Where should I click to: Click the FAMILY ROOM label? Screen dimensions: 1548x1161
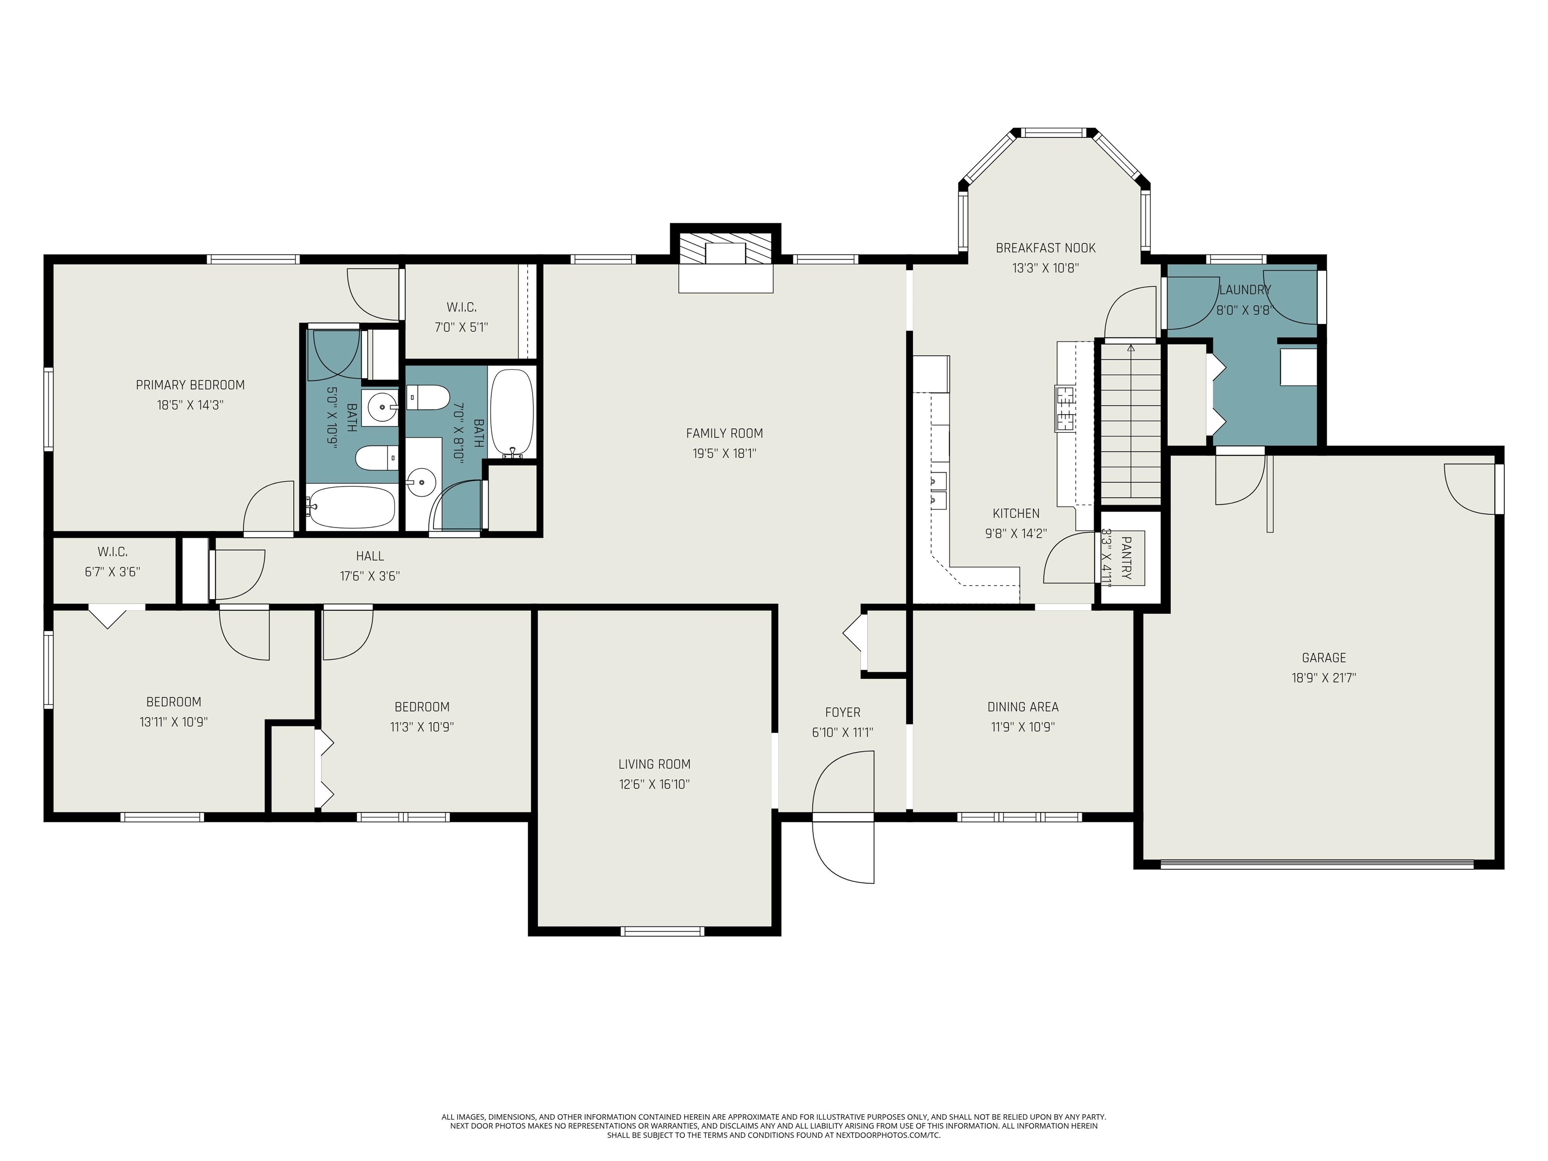724,433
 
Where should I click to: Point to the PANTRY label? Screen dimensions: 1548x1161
1126,558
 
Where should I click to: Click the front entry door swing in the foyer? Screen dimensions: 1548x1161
843,817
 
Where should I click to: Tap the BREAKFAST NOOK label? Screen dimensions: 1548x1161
1046,248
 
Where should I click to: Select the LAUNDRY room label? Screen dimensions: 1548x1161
1245,290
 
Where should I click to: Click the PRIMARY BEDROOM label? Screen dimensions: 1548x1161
190,385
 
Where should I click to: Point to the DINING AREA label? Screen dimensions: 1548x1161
1023,707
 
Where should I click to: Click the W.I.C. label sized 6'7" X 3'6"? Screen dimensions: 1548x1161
113,552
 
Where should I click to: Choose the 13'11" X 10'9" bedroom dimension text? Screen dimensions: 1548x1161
173,722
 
